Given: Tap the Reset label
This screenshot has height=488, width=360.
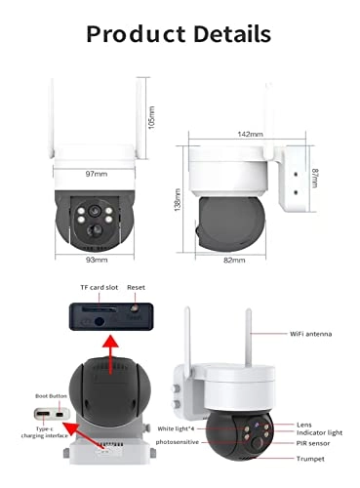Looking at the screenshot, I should coord(137,289).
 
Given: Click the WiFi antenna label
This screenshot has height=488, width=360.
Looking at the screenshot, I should coord(311,334).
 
